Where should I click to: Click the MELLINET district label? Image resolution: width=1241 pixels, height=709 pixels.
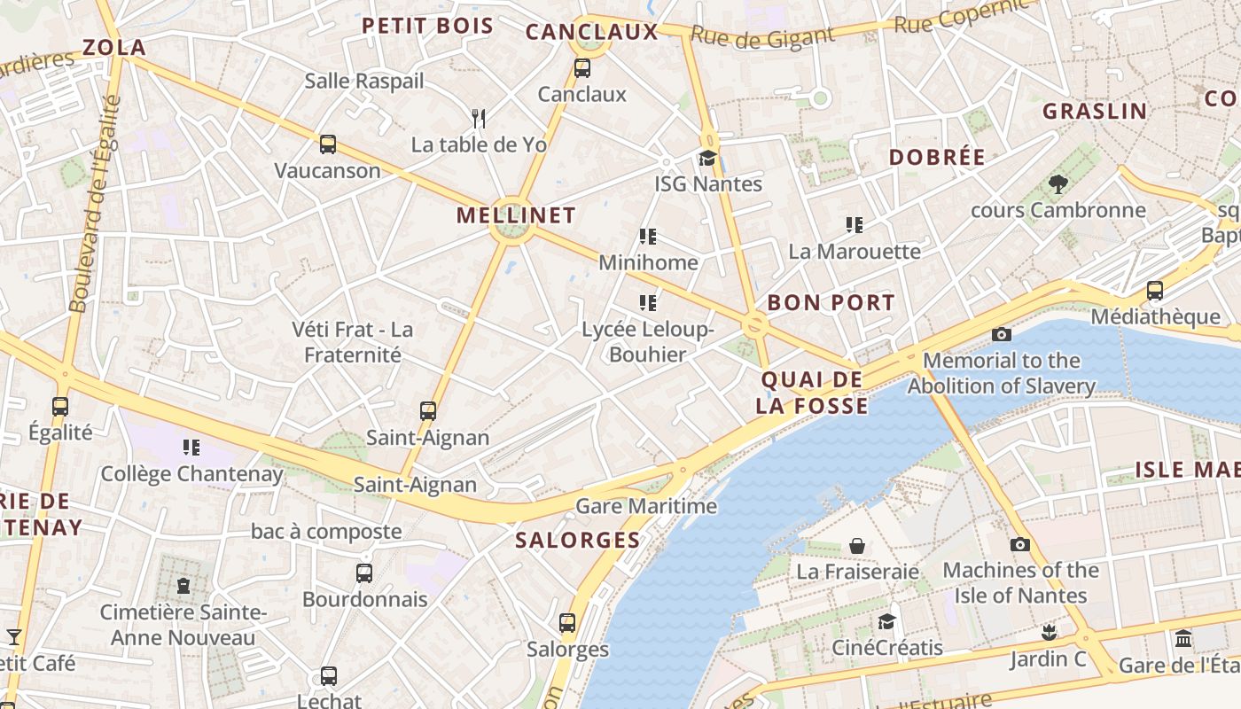[516, 215]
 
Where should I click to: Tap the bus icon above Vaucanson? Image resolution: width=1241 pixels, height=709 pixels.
[328, 144]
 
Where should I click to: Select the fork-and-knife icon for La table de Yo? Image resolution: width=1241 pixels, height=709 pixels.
[479, 118]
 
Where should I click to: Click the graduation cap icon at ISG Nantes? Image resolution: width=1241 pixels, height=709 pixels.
[707, 159]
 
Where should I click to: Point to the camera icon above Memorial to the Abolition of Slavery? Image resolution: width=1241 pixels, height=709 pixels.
[1002, 334]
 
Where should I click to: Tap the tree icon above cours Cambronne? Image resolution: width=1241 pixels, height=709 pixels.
[1058, 184]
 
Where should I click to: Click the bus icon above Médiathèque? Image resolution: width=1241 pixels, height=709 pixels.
[1154, 291]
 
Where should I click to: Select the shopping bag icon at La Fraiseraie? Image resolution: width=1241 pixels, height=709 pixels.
[857, 546]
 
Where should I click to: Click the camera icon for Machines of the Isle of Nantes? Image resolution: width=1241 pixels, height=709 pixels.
[1020, 544]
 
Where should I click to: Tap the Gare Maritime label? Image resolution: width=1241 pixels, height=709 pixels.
[646, 507]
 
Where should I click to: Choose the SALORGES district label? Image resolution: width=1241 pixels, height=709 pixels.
[578, 540]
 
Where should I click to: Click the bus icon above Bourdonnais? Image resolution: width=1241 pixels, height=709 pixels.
[364, 573]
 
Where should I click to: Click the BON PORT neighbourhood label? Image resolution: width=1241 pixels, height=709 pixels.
[831, 302]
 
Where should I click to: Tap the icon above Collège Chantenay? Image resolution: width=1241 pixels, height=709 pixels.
[191, 448]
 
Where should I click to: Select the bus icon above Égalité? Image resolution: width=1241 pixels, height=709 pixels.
[60, 407]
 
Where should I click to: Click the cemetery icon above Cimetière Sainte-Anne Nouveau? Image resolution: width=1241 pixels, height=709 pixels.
[183, 586]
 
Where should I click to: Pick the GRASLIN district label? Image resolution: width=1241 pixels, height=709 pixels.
[1095, 112]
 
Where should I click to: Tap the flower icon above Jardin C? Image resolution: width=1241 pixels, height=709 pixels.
[1050, 633]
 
